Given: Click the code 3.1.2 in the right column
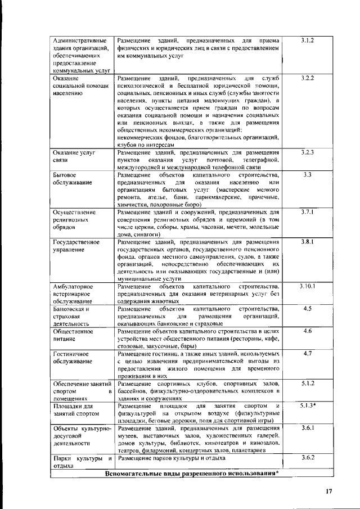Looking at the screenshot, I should click(307, 40).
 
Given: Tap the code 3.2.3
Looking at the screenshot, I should click(307, 152).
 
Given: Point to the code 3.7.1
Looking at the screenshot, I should click(307, 212).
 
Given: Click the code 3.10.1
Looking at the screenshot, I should click(307, 286).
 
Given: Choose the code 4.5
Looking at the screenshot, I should click(307, 309).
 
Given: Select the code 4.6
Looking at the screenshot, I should click(307, 331).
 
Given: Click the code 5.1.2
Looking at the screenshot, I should click(307, 383).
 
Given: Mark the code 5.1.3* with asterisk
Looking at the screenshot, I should click(308, 405).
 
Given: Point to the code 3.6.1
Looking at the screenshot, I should click(307, 428).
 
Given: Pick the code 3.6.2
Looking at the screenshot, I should click(307, 458).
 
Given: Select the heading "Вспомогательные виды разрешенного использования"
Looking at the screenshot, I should click(192, 472).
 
